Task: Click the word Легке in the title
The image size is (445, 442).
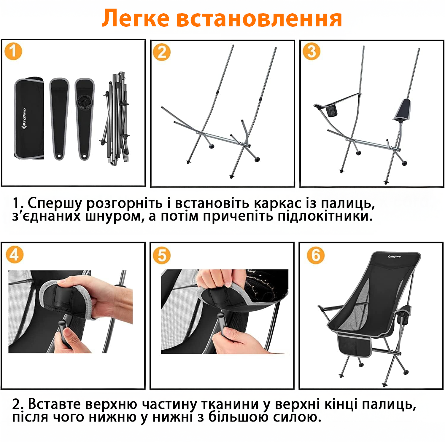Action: [136, 18]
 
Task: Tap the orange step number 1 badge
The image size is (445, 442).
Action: [13, 51]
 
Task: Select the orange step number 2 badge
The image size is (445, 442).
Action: [162, 52]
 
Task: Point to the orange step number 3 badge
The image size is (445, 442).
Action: [311, 51]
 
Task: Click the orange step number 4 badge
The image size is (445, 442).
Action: [15, 255]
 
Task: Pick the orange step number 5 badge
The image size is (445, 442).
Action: [162, 255]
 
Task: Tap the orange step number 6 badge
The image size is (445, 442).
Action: [316, 255]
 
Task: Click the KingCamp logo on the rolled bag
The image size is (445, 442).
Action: [24, 119]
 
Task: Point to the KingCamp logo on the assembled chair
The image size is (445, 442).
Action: [394, 256]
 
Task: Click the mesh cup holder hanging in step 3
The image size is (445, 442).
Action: [332, 110]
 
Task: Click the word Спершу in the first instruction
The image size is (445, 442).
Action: [55, 203]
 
